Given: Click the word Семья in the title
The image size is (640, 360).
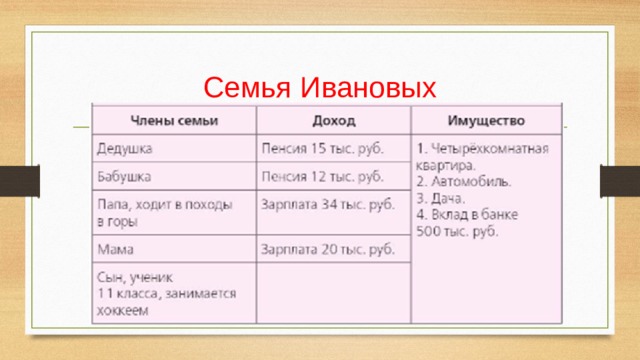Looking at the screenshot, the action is pyautogui.click(x=247, y=87).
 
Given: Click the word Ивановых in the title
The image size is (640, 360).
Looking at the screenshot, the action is pyautogui.click(x=369, y=87).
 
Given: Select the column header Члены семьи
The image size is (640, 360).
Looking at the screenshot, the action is pyautogui.click(x=174, y=120).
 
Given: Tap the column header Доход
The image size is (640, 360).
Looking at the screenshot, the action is pyautogui.click(x=334, y=120).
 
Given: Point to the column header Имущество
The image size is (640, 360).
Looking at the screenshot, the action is pyautogui.click(x=486, y=120).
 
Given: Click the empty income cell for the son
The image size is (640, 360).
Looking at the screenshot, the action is pyautogui.click(x=333, y=293).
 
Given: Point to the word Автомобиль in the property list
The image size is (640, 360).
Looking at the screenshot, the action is pyautogui.click(x=471, y=182).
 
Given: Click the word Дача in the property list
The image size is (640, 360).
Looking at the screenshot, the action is pyautogui.click(x=447, y=199).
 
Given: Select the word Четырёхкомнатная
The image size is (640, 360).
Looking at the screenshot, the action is pyautogui.click(x=490, y=149).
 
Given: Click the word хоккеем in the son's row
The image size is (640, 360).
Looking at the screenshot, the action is pyautogui.click(x=122, y=311).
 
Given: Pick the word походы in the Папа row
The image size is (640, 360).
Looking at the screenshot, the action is pyautogui.click(x=209, y=205).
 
